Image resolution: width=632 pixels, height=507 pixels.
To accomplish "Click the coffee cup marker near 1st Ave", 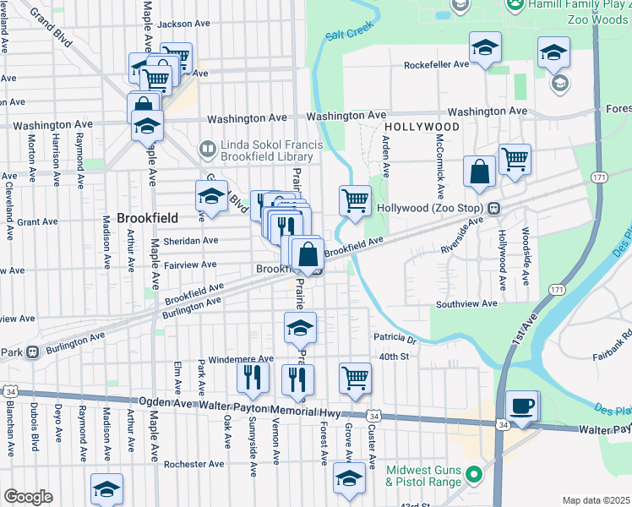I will [x=521, y=406].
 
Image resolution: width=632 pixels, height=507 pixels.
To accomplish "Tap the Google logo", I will [x=28, y=496].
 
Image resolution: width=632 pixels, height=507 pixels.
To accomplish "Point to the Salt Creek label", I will [x=349, y=35].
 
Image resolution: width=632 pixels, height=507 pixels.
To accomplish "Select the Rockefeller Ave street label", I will [x=436, y=64].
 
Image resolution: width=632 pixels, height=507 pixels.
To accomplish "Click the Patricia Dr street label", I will [x=395, y=339].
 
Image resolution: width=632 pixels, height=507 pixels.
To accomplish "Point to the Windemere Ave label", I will [x=241, y=359].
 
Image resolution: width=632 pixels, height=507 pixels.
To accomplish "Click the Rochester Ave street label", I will [x=194, y=464].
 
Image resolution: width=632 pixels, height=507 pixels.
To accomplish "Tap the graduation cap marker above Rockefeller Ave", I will [x=485, y=47].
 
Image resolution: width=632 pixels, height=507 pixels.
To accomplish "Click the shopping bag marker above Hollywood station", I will [x=479, y=171].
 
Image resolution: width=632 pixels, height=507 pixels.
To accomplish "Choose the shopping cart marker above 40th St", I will [x=355, y=378].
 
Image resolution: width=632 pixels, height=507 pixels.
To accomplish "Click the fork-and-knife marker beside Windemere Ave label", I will [x=252, y=376].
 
